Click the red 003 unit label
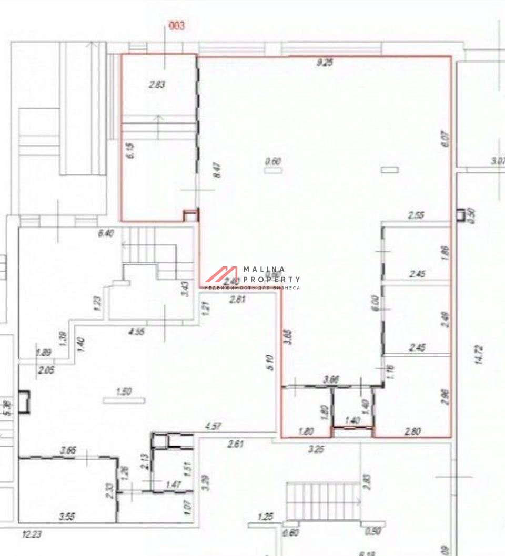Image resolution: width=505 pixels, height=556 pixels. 176,25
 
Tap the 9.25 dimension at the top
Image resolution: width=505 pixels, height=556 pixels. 325,63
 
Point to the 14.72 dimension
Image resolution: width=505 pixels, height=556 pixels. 478,355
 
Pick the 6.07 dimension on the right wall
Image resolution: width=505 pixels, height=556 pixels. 446,138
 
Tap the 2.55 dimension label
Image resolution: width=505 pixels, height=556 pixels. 416,214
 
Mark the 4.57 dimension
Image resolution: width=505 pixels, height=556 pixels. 213,426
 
